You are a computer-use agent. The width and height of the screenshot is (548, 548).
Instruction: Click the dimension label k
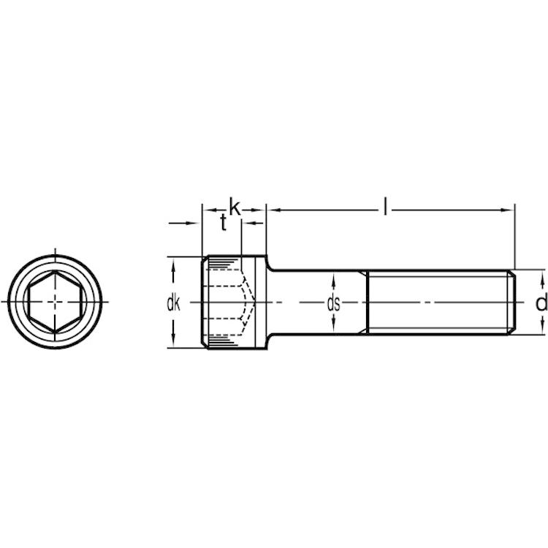[x=235, y=207]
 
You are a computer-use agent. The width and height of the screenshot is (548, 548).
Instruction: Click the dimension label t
[x=224, y=223]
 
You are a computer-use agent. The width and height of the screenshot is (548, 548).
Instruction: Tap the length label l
[x=385, y=206]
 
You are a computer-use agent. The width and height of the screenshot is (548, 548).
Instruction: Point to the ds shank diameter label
[x=333, y=303]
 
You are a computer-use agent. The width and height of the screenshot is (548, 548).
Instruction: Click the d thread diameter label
[x=541, y=302]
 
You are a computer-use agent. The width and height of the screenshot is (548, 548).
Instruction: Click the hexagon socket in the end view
[x=55, y=301]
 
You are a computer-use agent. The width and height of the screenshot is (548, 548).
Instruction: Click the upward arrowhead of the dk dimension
[x=173, y=267]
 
